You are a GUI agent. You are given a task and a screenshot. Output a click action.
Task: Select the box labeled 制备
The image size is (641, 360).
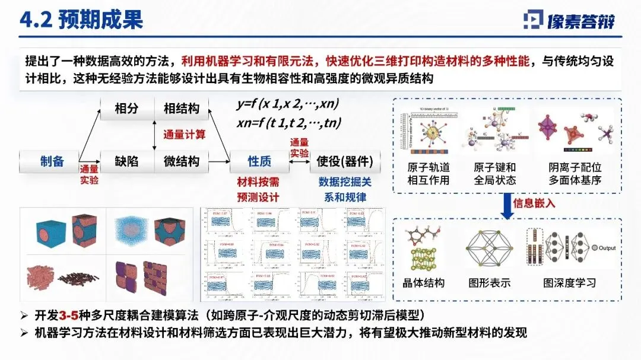pyautogui.click(x=52, y=161)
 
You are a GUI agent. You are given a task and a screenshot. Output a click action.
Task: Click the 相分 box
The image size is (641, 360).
pyautogui.click(x=126, y=109)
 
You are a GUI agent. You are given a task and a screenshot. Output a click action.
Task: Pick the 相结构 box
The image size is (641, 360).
pyautogui.click(x=182, y=109)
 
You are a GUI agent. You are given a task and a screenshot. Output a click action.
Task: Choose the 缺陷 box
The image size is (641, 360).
pyautogui.click(x=126, y=161)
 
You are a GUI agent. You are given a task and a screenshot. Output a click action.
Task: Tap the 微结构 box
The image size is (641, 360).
pyautogui.click(x=182, y=161)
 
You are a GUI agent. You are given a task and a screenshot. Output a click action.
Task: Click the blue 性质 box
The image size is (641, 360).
pyautogui.click(x=259, y=161)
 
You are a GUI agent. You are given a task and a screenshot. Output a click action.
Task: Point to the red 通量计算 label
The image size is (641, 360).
pyautogui.click(x=184, y=135)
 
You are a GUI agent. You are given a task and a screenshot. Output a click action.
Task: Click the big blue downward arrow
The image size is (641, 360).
pyautogui.click(x=508, y=205)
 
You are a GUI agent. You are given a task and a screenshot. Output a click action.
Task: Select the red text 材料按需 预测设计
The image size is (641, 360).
pyautogui.click(x=258, y=189)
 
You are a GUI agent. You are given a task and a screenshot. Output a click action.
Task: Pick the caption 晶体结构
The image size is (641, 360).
pyautogui.click(x=424, y=283)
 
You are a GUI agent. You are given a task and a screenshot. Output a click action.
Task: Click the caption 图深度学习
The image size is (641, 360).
pyautogui.click(x=569, y=283)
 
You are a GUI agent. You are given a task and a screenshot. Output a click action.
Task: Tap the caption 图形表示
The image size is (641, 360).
pyautogui.click(x=489, y=283)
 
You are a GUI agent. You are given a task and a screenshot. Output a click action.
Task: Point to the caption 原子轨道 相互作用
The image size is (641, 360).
pyautogui.click(x=429, y=174)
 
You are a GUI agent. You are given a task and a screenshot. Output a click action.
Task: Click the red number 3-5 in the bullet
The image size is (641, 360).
pyautogui.click(x=68, y=314)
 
